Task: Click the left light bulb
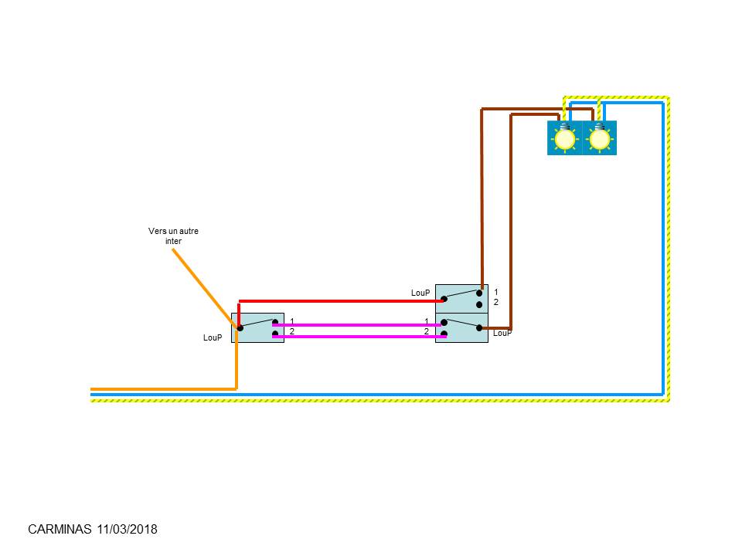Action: (564, 137)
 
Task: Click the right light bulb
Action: (600, 137)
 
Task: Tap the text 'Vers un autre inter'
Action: (173, 236)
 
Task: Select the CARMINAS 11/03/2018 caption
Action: (93, 529)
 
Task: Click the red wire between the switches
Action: (341, 301)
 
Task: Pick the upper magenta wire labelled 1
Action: (358, 325)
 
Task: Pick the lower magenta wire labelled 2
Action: (359, 336)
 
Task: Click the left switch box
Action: (258, 327)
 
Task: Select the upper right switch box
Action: (462, 299)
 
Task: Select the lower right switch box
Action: (462, 327)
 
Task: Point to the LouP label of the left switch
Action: (213, 337)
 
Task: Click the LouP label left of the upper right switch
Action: (420, 293)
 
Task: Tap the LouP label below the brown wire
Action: (502, 333)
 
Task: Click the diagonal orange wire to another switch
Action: (205, 288)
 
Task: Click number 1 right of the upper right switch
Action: (496, 292)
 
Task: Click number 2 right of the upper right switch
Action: (496, 302)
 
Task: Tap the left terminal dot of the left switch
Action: (240, 327)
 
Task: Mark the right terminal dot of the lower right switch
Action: (479, 327)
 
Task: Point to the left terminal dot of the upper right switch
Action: (444, 299)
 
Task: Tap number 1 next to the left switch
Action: (292, 321)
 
